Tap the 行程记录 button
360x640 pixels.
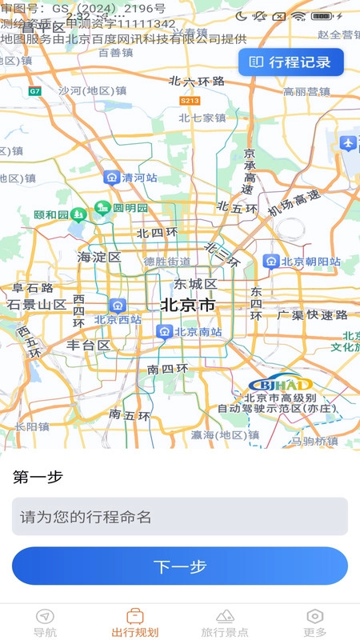(291, 62)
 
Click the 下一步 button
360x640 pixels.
(180, 566)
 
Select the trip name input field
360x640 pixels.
(180, 517)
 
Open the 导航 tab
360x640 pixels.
(46, 622)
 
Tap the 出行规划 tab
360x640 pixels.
(135, 622)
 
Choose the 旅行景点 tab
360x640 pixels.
(225, 622)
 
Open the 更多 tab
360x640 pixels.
(315, 622)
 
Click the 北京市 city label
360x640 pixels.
(188, 305)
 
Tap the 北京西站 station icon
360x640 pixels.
(118, 305)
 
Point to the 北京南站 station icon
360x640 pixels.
(164, 331)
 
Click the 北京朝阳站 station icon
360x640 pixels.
(271, 262)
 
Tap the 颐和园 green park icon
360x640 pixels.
(78, 214)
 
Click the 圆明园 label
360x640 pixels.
(130, 208)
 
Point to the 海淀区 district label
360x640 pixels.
(98, 258)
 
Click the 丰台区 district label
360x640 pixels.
(88, 346)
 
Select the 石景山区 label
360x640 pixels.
(37, 305)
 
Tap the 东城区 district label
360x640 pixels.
(196, 284)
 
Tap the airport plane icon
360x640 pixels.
(348, 143)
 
